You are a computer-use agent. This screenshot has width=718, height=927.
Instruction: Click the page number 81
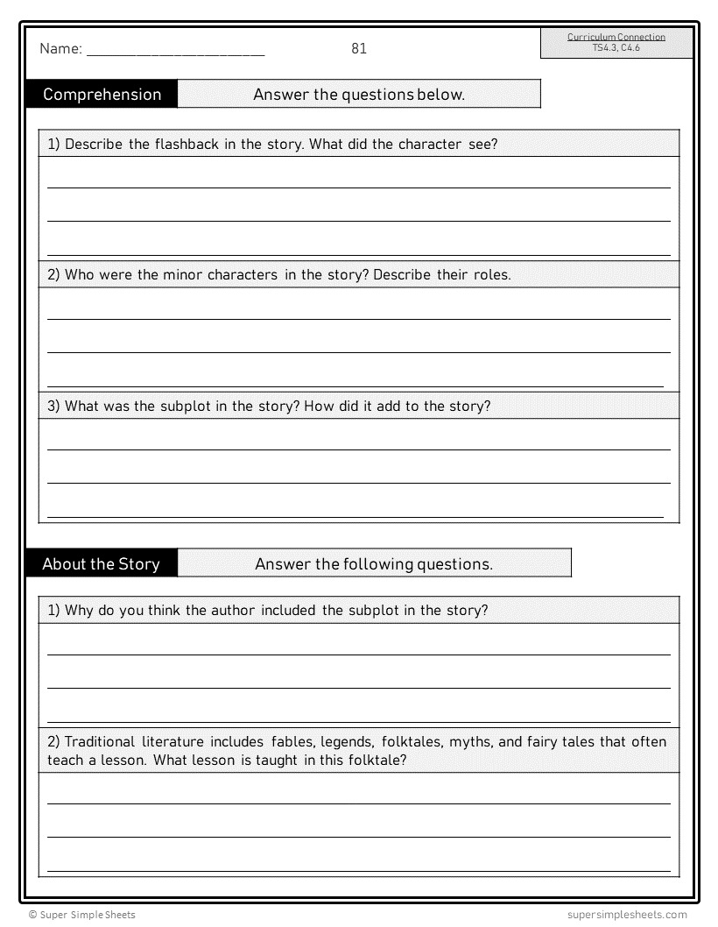click(x=359, y=48)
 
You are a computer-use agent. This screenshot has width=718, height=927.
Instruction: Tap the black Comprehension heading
click(x=102, y=95)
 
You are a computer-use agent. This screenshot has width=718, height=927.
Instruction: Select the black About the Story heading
click(x=101, y=563)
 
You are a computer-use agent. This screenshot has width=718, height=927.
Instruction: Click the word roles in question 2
click(x=491, y=274)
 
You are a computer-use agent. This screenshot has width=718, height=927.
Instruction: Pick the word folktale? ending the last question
click(x=373, y=761)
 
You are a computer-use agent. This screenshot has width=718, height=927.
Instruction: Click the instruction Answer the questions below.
click(x=359, y=95)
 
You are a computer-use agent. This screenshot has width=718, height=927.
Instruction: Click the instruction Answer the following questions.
click(x=374, y=563)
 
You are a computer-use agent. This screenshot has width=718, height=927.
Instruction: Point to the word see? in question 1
click(x=482, y=144)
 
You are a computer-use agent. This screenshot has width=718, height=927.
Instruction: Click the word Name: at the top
click(x=60, y=49)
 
